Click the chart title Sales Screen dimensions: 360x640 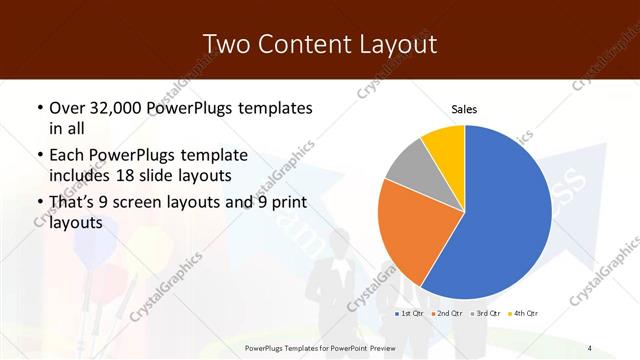464,108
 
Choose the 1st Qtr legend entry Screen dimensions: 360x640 410,313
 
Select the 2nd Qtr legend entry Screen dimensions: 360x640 450,313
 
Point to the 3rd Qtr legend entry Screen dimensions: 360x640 488,313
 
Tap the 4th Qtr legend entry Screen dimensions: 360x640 526,313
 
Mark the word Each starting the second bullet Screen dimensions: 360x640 66,155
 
